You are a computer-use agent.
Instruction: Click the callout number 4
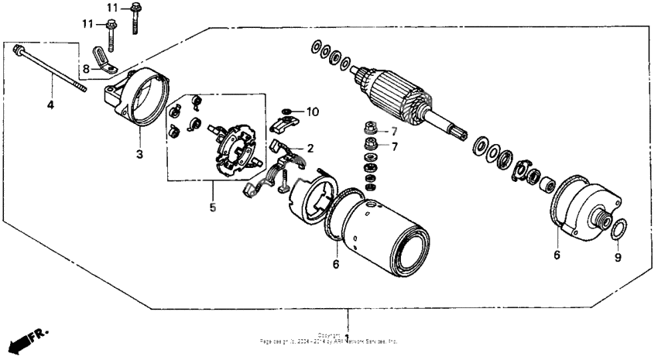point(51,104)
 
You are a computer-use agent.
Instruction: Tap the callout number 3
point(139,154)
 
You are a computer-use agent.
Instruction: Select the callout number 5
point(214,207)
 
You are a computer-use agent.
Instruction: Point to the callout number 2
point(311,148)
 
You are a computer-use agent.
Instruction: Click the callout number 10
point(312,112)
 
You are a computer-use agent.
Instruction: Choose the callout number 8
point(87,68)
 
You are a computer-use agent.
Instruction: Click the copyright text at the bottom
point(329,339)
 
